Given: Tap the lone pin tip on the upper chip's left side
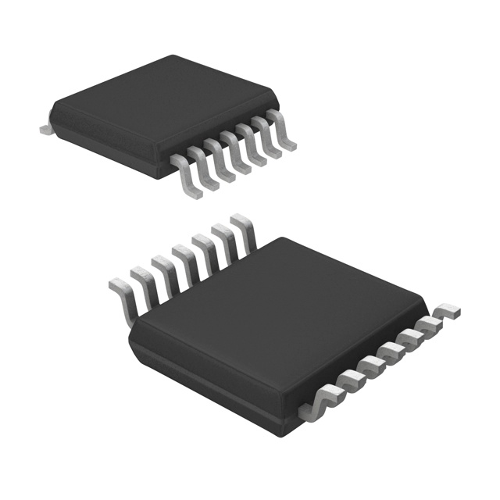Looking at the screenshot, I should click(x=45, y=126).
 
